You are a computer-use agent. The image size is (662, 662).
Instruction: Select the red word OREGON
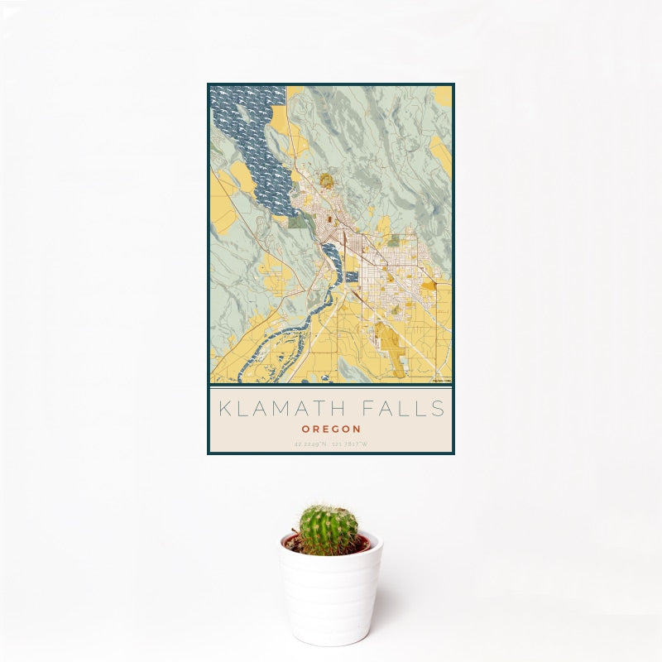pos(331,429)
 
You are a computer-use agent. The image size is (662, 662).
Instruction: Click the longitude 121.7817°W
pos(351,444)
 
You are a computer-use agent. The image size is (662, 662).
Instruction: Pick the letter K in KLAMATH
pos(223,409)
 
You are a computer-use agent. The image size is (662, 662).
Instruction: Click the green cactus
pos(329,530)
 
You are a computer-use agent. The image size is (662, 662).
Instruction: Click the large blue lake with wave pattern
pos(248,141)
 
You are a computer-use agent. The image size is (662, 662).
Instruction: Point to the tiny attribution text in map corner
pos(442,381)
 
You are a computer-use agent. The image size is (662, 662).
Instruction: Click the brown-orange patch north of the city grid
pos(327,180)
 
